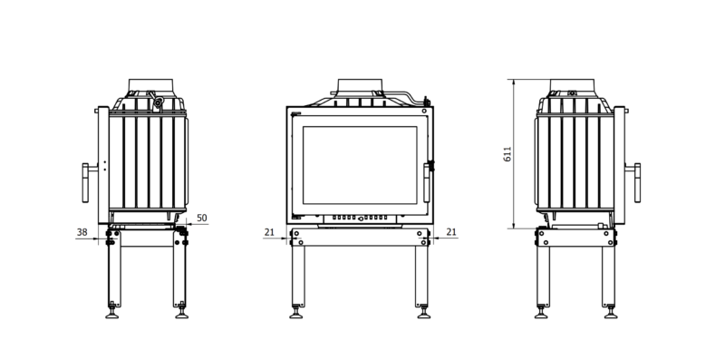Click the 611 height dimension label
point(507,153)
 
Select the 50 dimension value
point(202,218)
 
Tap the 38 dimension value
point(82,232)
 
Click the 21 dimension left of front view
point(269,232)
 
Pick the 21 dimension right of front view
point(451,232)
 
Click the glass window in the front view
point(360,165)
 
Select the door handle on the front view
point(427,182)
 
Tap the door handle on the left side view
point(85,182)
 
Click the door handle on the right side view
point(637,182)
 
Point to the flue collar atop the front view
point(360,85)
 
